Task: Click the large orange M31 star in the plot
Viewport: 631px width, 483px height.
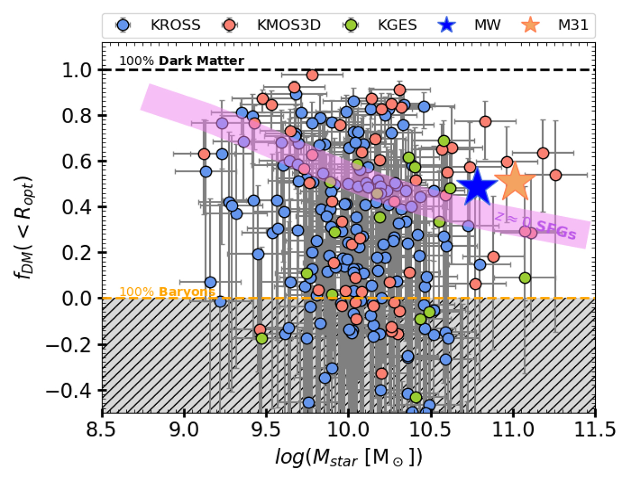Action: tap(514, 182)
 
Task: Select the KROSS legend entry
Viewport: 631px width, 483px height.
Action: tap(164, 25)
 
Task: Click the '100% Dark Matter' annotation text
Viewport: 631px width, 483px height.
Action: tap(181, 61)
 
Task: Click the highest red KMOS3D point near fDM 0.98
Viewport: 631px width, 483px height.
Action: tap(312, 75)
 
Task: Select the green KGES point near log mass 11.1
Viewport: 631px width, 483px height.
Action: tap(524, 278)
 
